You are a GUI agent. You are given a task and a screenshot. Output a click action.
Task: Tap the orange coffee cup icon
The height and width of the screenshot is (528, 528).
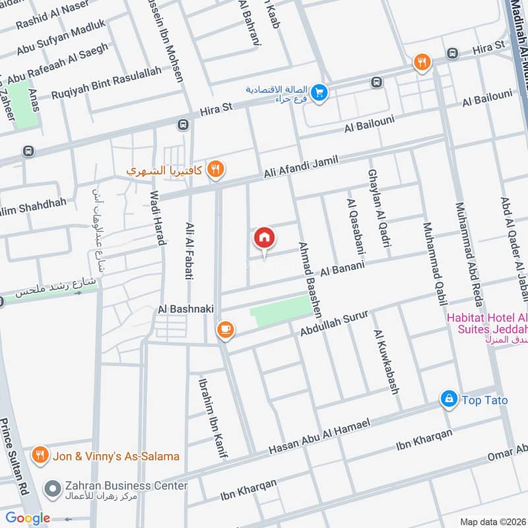225,329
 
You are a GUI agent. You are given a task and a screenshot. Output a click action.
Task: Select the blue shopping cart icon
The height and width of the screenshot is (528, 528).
319,93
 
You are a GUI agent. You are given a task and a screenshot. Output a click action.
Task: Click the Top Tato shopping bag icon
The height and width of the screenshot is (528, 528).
449,399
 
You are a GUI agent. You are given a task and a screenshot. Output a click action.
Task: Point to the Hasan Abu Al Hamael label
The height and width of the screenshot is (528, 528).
321,438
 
